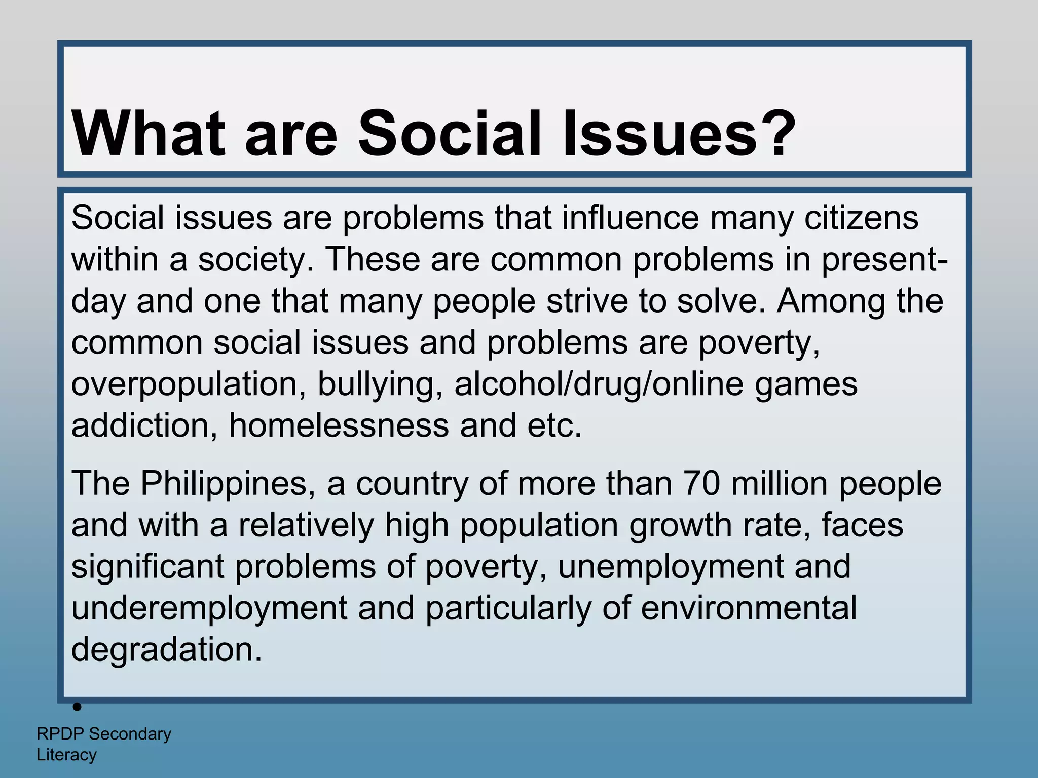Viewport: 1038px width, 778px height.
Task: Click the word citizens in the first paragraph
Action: tap(861, 218)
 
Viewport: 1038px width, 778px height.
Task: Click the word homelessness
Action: tap(339, 425)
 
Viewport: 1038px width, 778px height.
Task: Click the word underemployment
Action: tap(209, 608)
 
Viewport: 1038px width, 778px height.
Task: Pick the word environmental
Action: tap(749, 608)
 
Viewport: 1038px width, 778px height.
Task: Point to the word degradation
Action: tap(166, 650)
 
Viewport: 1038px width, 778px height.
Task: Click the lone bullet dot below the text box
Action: tap(77, 707)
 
